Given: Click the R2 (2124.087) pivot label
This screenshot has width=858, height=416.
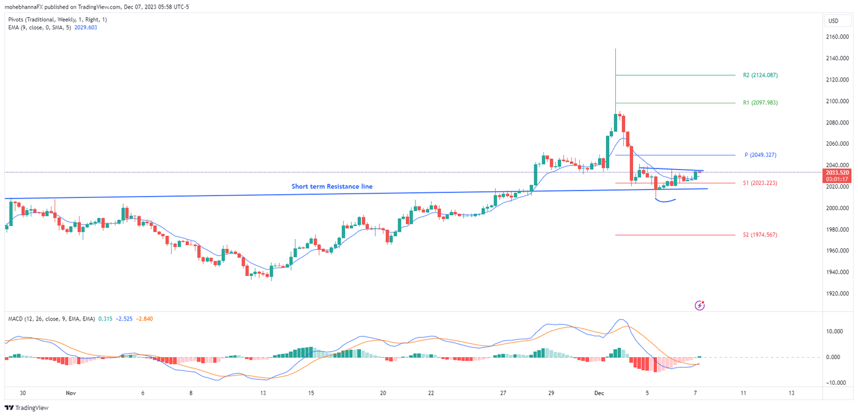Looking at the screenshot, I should tap(760, 75).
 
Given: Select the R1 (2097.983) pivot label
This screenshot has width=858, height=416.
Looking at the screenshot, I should tap(760, 103).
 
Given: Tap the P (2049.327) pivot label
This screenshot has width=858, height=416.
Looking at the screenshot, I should tap(760, 155).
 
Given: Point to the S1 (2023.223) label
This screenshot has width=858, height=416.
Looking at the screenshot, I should tap(760, 183).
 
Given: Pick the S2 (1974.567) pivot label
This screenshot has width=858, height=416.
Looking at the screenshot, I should tap(760, 235).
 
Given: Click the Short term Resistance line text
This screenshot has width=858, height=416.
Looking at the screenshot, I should tap(332, 186).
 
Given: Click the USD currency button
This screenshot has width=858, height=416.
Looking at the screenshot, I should tap(833, 21).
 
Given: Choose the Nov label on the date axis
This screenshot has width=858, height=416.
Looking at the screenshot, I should tap(70, 393).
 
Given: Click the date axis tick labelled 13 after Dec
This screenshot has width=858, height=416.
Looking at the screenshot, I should tap(791, 393).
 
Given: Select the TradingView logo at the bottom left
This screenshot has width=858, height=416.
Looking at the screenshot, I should tap(28, 407).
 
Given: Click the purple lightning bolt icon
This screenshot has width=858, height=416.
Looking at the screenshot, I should tap(700, 305).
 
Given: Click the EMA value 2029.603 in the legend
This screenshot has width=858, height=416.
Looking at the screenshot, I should tap(85, 28).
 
